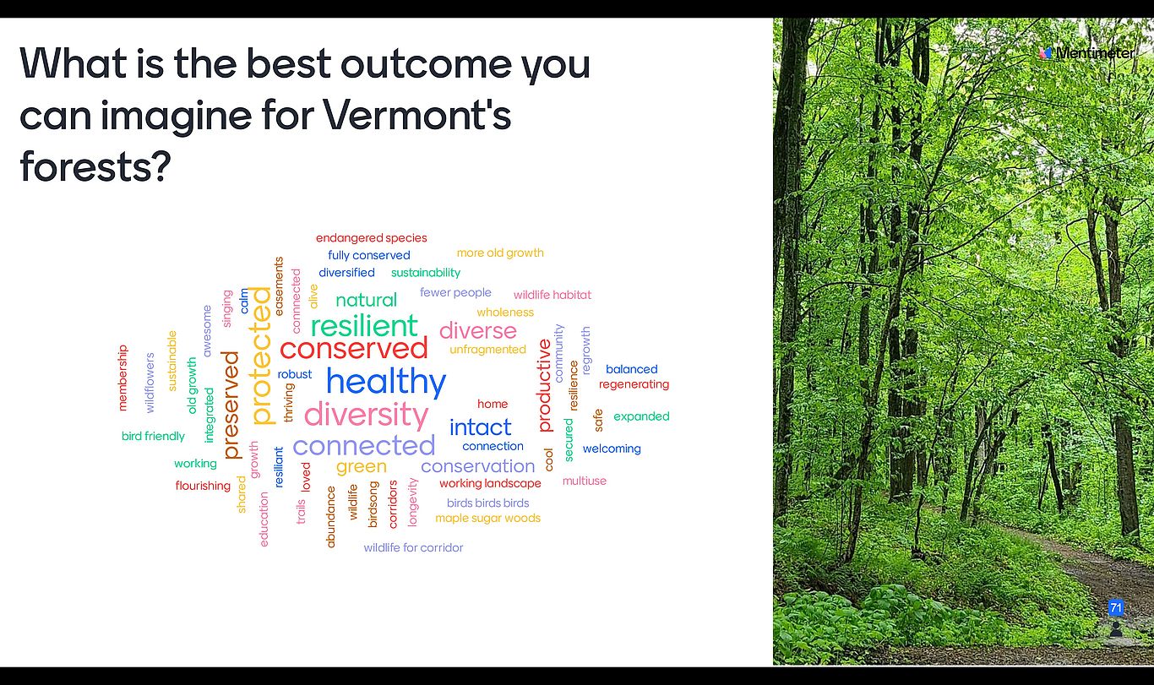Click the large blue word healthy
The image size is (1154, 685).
pos(386,382)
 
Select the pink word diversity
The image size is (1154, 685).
pos(366,415)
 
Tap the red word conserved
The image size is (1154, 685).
pos(354,349)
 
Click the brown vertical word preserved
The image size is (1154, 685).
pos(231,405)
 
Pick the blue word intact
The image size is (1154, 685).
pos(480,427)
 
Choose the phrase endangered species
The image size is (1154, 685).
pos(372,238)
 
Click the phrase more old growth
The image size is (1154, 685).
pos(500,253)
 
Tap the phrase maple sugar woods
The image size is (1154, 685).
pos(488,518)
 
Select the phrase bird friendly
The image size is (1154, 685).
pos(153,436)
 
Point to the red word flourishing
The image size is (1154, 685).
pos(203,486)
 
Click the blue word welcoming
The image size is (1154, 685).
pos(612,449)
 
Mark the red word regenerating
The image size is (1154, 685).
pos(634,384)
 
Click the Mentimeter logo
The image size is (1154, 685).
pos(1086,52)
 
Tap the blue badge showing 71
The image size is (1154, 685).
pos(1116,608)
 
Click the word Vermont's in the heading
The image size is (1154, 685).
pos(416,115)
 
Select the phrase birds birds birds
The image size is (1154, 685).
pos(488,503)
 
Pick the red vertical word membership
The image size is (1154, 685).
pos(122,378)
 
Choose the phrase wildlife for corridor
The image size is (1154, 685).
pos(413,547)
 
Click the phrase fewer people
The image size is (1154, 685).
pos(455,292)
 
